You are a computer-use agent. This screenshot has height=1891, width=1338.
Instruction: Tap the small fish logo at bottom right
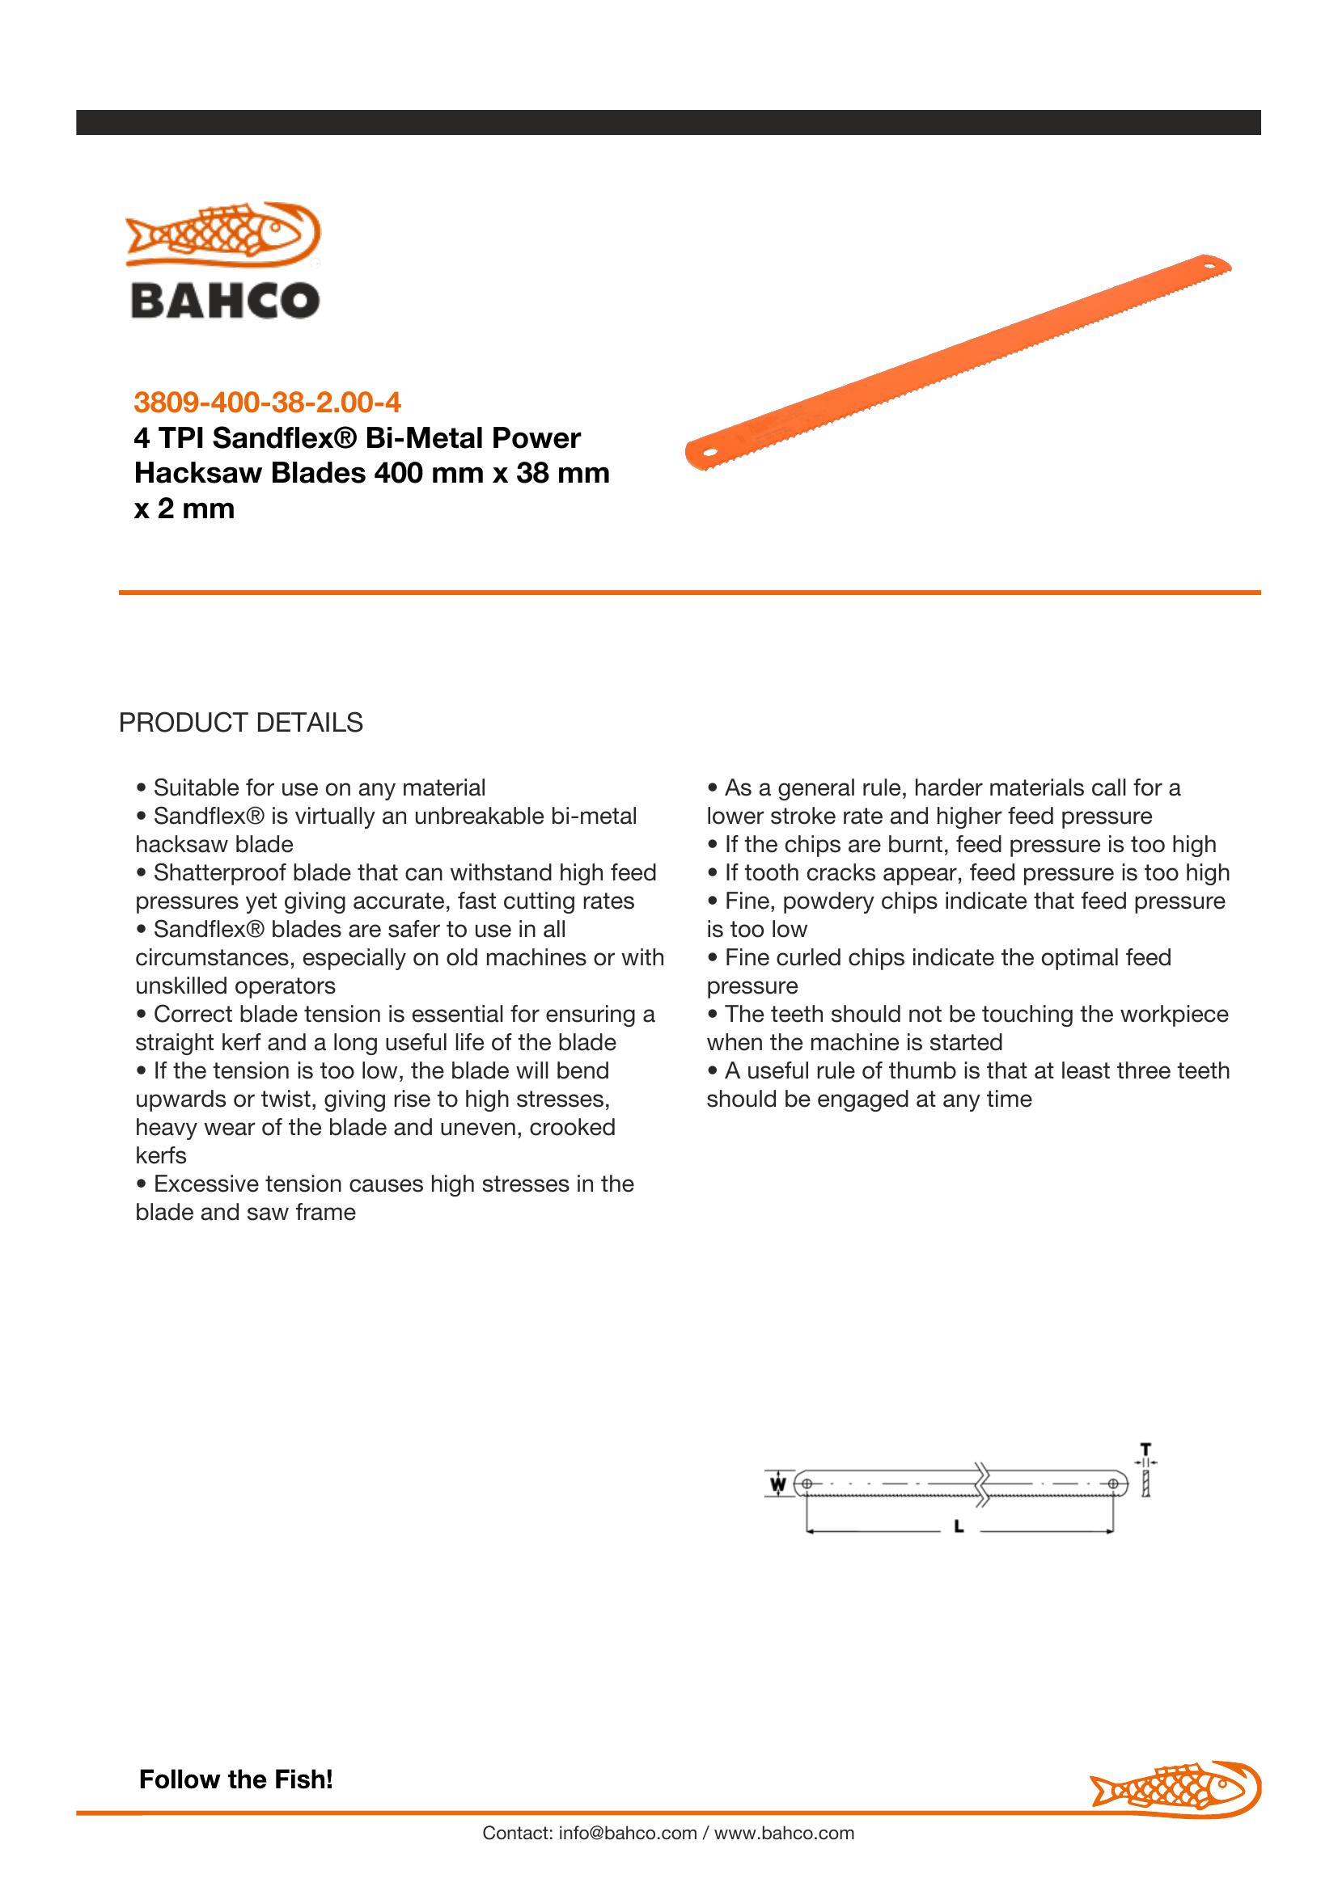coord(1175,1788)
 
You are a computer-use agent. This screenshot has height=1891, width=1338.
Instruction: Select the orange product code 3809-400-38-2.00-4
coord(268,403)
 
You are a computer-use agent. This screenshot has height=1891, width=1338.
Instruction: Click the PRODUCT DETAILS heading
coord(240,722)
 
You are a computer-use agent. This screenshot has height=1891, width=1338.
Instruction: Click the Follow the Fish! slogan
coord(235,1779)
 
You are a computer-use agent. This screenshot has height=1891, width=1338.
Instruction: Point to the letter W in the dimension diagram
coord(777,1484)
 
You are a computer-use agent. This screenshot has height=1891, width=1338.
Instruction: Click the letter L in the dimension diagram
coord(959,1527)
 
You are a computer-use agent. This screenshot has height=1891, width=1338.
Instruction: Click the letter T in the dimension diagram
coord(1145,1448)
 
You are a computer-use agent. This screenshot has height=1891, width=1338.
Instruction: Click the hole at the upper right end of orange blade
coord(1212,267)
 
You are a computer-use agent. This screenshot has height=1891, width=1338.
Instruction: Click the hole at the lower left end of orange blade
coord(707,453)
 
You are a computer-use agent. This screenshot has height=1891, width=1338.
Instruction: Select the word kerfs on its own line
coord(161,1155)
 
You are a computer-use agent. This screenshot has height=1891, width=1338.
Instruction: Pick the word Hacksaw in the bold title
coord(181,474)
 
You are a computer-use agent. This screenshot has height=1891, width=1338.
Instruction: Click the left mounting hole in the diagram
coord(807,1484)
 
